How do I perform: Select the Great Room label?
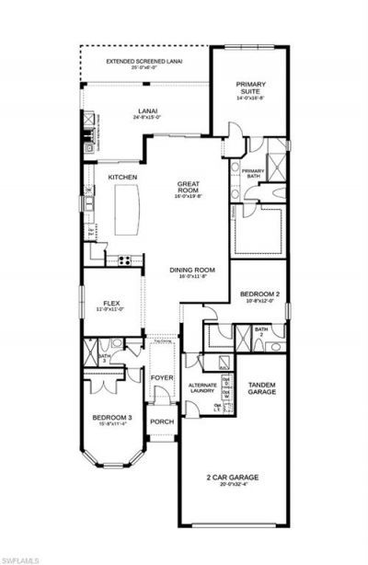(x=188, y=189)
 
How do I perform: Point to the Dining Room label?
(x=192, y=270)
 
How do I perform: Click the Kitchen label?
(x=122, y=177)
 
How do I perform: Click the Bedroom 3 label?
(x=112, y=417)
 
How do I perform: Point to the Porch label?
(x=162, y=422)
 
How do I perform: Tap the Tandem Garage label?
(x=262, y=387)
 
